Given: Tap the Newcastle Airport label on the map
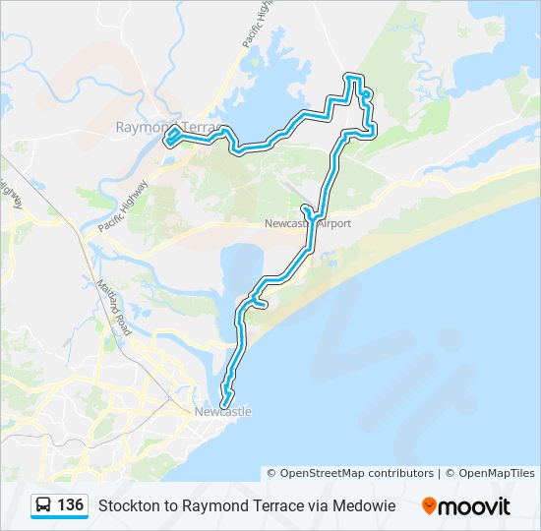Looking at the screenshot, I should coord(307,224).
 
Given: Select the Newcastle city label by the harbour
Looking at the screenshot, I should coord(223,412).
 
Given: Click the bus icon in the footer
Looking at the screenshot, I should coord(44,505).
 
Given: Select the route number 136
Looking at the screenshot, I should coord(70,505).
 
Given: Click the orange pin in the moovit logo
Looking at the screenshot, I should coord(429,505).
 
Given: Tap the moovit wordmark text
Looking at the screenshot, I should coord(474,506).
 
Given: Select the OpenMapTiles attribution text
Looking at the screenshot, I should coord(496,474).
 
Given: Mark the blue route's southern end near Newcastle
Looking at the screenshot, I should coord(224,404).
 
